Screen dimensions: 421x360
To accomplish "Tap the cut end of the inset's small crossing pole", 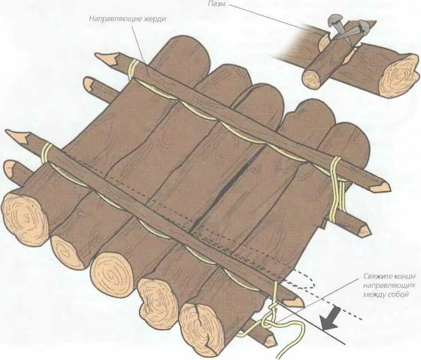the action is coord(311,79).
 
